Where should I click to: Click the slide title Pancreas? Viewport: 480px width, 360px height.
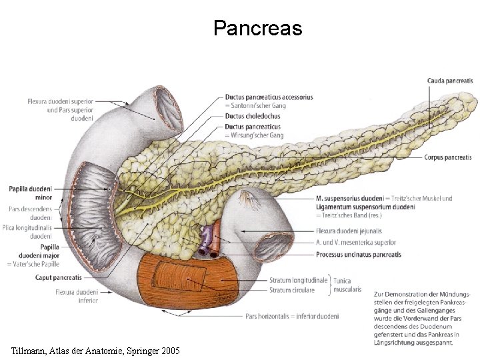[257, 29]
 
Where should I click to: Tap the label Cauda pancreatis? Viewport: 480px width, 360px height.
[450, 81]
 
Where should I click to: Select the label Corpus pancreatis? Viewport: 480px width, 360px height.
[448, 158]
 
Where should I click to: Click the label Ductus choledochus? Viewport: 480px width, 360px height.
[253, 116]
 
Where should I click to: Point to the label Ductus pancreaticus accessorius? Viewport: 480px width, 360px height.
[269, 97]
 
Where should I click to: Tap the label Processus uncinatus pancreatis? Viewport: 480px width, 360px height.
[359, 255]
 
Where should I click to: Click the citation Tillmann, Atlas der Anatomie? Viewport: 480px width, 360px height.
[95, 350]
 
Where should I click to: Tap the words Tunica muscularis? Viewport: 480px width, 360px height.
[347, 285]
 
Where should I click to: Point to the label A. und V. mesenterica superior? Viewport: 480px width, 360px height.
[356, 243]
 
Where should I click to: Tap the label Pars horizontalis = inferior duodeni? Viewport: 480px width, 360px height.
[292, 315]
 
